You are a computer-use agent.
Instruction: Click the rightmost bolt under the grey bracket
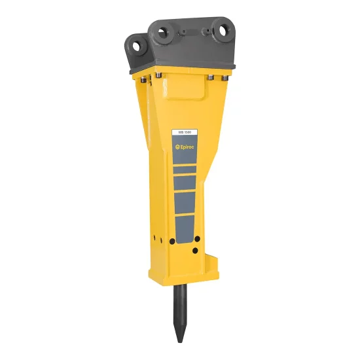click(225, 79)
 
